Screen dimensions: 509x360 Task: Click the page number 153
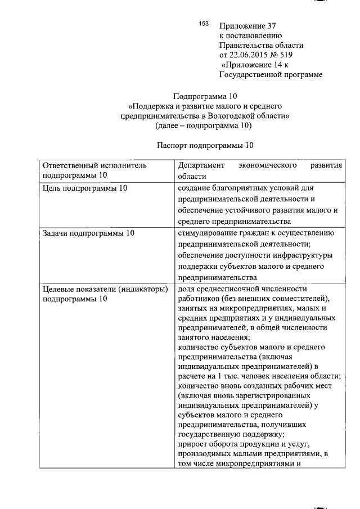[204, 24]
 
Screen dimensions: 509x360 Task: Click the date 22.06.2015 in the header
[251, 55]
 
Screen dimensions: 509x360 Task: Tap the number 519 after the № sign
[286, 55]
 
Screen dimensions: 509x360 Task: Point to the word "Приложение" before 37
[240, 25]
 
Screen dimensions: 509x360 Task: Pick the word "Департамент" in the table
[201, 166]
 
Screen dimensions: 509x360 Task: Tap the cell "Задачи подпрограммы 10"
[88, 233]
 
